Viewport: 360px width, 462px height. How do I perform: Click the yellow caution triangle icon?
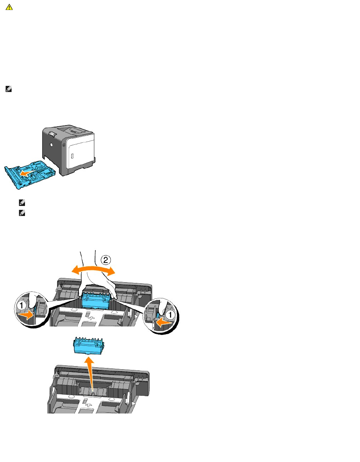point(9,7)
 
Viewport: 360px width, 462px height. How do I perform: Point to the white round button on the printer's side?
point(51,145)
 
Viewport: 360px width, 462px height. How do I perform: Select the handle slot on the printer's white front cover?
point(72,156)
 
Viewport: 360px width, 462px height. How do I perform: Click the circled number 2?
point(105,260)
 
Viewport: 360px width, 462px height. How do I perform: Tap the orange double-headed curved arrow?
point(93,269)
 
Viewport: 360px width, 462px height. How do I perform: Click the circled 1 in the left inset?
point(22,306)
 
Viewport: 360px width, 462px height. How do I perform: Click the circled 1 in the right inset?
point(170,315)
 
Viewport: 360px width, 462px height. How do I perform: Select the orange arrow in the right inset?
point(163,323)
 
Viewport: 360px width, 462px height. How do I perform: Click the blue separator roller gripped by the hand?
point(96,300)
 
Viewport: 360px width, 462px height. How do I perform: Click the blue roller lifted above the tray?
point(89,345)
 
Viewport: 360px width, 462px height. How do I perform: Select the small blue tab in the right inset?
point(158,316)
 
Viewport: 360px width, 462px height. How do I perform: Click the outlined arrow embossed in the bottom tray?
point(88,405)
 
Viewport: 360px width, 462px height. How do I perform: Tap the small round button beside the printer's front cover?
point(64,145)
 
